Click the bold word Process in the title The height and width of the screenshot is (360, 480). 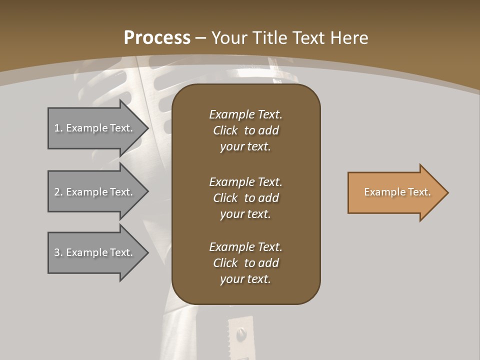157,38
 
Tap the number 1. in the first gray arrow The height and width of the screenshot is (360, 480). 58,128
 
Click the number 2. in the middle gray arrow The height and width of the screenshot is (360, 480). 58,192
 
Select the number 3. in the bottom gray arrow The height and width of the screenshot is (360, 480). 58,252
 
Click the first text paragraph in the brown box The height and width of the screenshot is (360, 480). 245,130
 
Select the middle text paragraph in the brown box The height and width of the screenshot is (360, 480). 245,198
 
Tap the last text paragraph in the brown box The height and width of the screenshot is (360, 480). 245,263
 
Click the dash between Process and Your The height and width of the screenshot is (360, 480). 201,38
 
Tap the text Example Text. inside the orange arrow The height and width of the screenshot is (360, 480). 397,192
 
